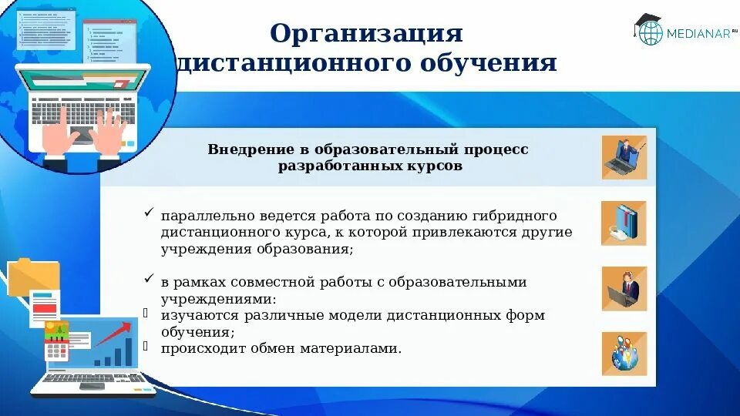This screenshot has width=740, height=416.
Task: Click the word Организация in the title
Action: pyautogui.click(x=367, y=33)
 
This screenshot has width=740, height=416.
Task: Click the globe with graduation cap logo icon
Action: pyautogui.click(x=648, y=30)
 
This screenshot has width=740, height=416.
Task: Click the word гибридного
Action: pyautogui.click(x=513, y=216)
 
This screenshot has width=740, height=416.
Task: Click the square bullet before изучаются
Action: pyautogui.click(x=146, y=313)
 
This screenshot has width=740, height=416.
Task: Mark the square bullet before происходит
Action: pyautogui.click(x=146, y=347)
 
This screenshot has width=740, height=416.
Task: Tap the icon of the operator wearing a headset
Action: pyautogui.click(x=624, y=288)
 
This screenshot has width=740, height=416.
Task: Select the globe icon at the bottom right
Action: pyautogui.click(x=624, y=354)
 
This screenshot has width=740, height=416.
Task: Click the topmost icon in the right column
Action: pyautogui.click(x=624, y=158)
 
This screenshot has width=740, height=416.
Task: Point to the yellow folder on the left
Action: pyautogui.click(x=33, y=277)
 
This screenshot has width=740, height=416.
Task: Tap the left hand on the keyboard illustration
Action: pyautogui.click(x=58, y=134)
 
